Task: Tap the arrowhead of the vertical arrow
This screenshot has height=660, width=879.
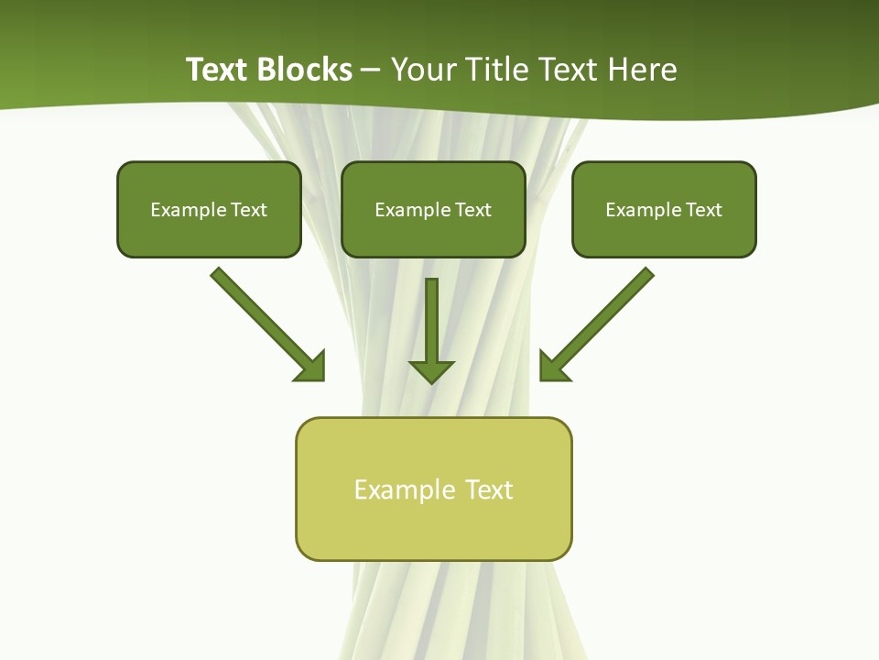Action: pyautogui.click(x=431, y=370)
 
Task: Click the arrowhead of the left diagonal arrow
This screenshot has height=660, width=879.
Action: pyautogui.click(x=311, y=367)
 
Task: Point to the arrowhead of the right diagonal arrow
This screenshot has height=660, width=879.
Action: pyautogui.click(x=553, y=367)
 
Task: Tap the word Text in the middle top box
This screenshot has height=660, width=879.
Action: pyautogui.click(x=472, y=210)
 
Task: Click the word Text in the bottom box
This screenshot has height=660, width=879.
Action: pyautogui.click(x=489, y=489)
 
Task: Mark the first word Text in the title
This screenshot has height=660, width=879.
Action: pyautogui.click(x=218, y=70)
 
